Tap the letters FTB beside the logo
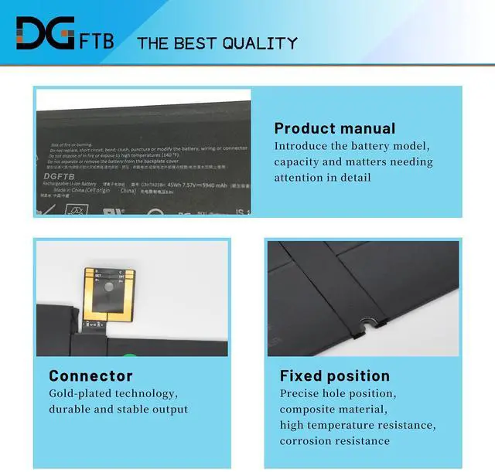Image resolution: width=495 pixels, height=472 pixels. [x=97, y=39]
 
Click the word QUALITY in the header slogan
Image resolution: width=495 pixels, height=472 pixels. [x=259, y=43]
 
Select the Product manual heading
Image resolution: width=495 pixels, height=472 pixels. [x=334, y=129]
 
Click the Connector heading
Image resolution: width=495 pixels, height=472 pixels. [x=90, y=376]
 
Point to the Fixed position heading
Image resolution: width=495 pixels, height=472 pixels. [x=334, y=376]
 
